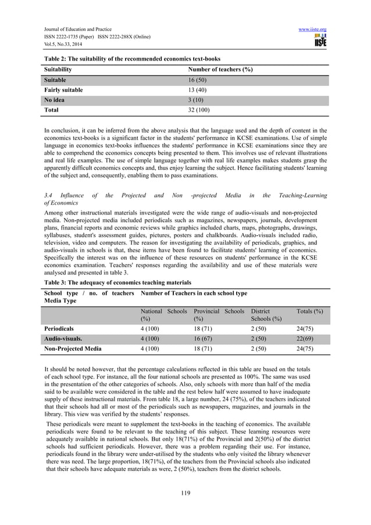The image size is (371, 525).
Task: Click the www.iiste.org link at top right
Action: click(x=313, y=29)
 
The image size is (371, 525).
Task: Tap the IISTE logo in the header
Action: click(x=320, y=41)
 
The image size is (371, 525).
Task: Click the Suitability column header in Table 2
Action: click(x=58, y=70)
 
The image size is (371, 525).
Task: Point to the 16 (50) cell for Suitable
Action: click(x=193, y=80)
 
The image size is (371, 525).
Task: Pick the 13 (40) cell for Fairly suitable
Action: click(x=193, y=90)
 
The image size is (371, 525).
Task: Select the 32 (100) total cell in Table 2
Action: click(x=195, y=110)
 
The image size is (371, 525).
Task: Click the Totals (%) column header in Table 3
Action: click(x=309, y=312)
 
